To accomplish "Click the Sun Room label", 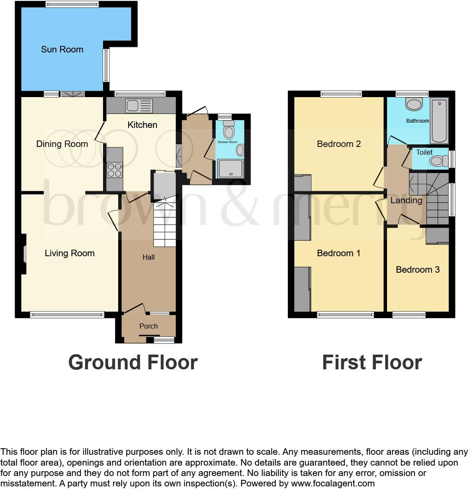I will [62, 49].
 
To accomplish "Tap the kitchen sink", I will [139, 105].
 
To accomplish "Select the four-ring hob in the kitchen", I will [115, 170].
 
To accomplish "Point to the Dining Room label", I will [62, 144].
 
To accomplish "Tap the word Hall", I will [148, 257].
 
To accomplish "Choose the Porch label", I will [148, 326].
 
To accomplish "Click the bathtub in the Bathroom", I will [439, 120].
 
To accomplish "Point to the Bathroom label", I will [417, 121].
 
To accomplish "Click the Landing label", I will [406, 200].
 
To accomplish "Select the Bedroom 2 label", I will [339, 144].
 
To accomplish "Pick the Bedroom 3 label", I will [418, 270].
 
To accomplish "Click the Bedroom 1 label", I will [339, 253].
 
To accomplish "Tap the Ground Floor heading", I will [133, 362].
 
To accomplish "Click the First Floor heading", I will [372, 362].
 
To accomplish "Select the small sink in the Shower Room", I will [240, 150].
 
